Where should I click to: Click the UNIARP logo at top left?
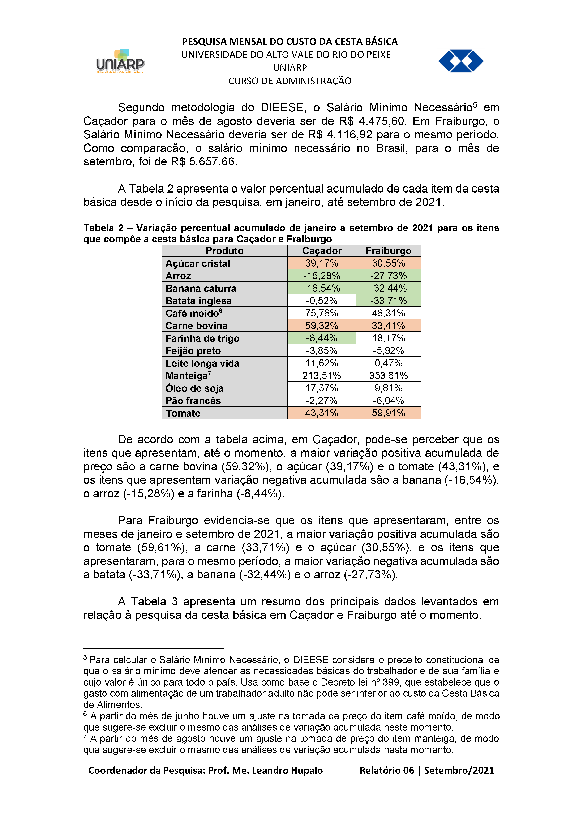point(120,62)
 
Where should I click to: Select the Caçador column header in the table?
point(322,251)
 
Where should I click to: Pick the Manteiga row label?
point(187,376)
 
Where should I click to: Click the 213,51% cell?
point(322,376)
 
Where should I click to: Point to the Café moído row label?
point(192,313)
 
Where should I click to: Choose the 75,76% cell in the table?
point(322,313)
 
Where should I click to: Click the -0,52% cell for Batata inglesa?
point(322,301)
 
